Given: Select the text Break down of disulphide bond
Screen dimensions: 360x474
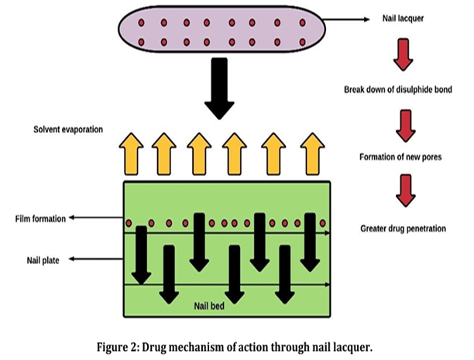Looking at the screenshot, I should pos(397,90).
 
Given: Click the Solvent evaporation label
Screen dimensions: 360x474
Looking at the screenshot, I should pos(67,130).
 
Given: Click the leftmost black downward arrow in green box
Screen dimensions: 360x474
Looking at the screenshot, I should pos(140,254).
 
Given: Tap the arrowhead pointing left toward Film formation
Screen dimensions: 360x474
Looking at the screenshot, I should pos(71,219).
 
